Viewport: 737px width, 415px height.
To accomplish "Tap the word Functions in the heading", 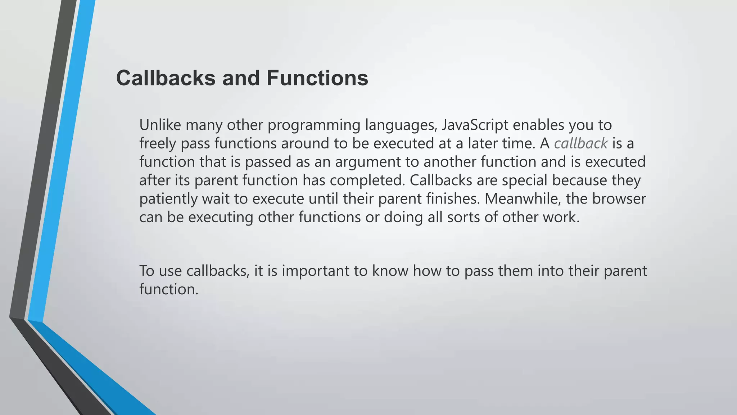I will pyautogui.click(x=317, y=78).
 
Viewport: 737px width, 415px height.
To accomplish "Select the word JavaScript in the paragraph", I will pyautogui.click(x=475, y=125).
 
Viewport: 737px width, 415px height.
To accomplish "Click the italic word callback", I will pyautogui.click(x=581, y=143).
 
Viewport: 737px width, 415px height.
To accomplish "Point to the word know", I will pyautogui.click(x=390, y=271).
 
